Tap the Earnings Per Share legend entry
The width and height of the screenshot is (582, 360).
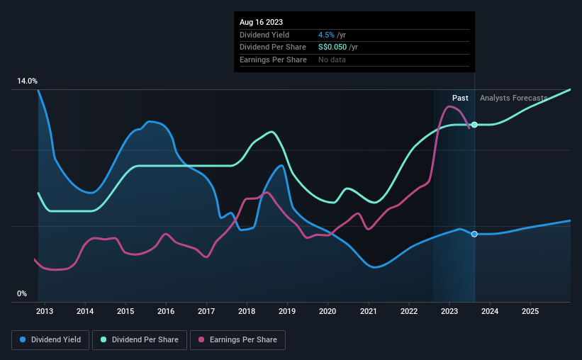click(x=237, y=340)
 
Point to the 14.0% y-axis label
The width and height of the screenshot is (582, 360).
click(x=27, y=81)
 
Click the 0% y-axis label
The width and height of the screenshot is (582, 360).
click(x=22, y=293)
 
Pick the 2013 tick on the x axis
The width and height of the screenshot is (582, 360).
click(x=45, y=311)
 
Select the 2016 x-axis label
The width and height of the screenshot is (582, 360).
click(x=166, y=311)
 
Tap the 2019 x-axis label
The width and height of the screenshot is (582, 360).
click(x=287, y=311)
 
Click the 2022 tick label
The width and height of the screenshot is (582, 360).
click(x=409, y=311)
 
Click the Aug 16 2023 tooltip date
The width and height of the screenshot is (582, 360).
click(x=261, y=23)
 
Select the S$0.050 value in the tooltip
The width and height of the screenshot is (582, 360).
click(x=333, y=47)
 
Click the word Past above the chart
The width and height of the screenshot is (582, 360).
click(x=460, y=98)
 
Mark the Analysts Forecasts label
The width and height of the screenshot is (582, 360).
click(x=513, y=98)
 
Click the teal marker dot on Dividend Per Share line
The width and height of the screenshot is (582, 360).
click(x=474, y=125)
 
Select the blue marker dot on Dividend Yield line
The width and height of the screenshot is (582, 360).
click(x=474, y=234)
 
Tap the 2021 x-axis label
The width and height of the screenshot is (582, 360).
click(x=369, y=311)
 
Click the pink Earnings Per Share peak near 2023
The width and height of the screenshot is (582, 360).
click(x=449, y=106)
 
